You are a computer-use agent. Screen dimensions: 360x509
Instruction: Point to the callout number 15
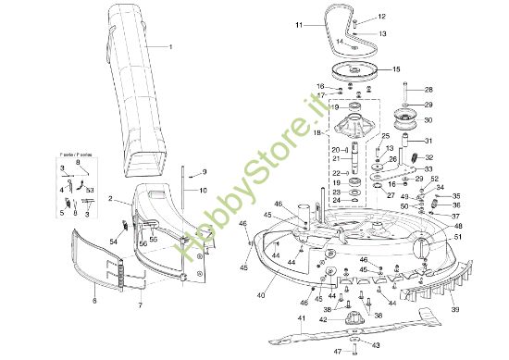coord(396,70)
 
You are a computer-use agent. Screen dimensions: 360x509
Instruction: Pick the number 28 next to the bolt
coord(428,90)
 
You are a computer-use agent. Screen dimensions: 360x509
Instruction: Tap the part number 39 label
coord(454,309)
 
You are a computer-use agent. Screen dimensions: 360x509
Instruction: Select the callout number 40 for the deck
coord(263,294)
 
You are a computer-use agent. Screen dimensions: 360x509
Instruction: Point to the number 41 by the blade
coord(302,318)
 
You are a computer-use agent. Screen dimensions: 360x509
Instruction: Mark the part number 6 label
coord(93,300)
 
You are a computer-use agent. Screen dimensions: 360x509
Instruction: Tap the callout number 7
coord(140,304)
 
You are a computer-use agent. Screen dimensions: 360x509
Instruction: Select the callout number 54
coord(113,242)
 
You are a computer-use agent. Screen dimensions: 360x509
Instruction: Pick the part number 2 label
coord(111,199)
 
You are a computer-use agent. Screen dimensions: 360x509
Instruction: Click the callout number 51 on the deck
coord(456,237)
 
